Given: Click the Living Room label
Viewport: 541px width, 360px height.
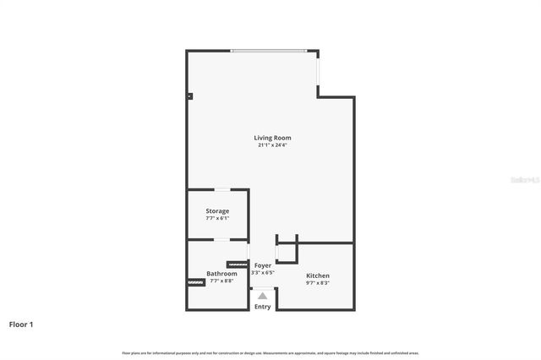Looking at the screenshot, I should (x=273, y=138).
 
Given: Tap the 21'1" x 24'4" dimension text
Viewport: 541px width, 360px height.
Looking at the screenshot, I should (x=273, y=145).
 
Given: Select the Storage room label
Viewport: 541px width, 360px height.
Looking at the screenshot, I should (x=217, y=211).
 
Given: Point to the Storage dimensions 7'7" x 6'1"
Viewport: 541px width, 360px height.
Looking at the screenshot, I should (x=217, y=219).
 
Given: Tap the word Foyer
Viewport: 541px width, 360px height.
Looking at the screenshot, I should (x=263, y=265).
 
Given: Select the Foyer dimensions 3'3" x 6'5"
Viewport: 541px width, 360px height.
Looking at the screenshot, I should (x=263, y=273).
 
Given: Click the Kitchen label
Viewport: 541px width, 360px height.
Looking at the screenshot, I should (x=318, y=276).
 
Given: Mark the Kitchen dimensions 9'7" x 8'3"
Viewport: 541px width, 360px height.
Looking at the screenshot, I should (x=318, y=284).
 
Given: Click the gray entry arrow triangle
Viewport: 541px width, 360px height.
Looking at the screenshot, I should (x=263, y=296).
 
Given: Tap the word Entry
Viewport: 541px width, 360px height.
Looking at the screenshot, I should (x=263, y=307).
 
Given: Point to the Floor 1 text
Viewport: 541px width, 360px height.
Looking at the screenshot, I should (x=21, y=324).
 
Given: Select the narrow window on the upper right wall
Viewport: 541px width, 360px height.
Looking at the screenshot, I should (x=319, y=71).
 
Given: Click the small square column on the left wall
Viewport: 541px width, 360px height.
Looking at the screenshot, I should (x=189, y=96).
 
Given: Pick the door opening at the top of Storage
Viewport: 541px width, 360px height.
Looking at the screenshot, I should (x=220, y=190).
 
